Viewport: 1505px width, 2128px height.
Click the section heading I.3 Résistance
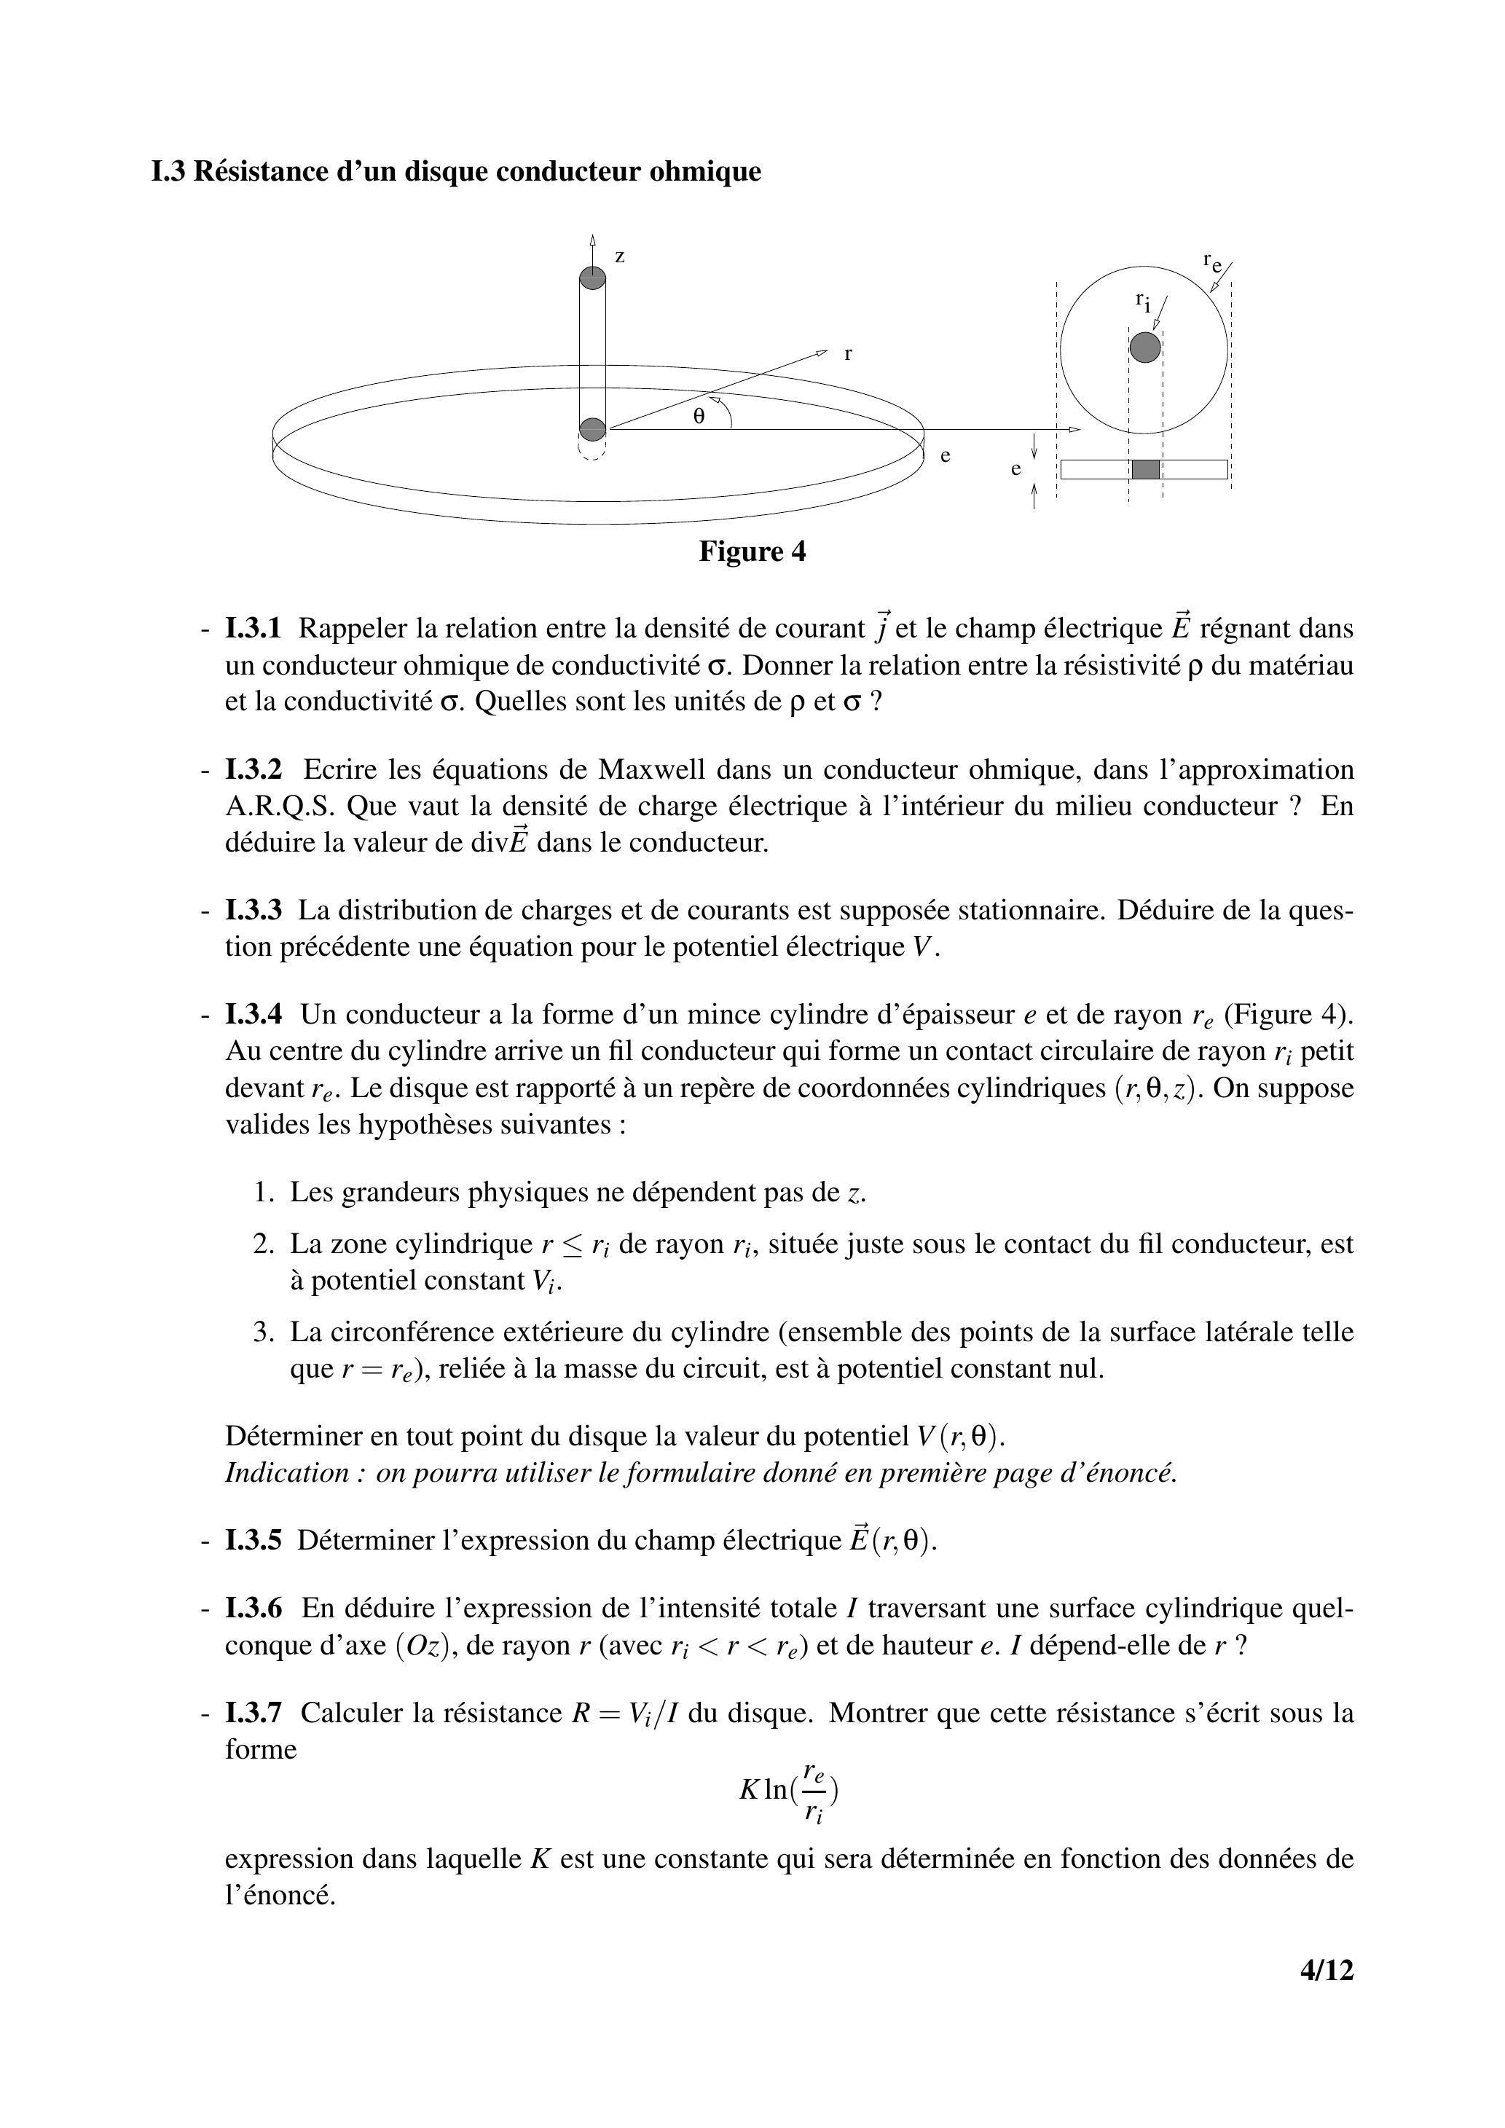point(455,171)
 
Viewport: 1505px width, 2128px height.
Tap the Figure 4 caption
point(752,551)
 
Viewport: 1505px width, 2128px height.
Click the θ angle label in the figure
point(699,417)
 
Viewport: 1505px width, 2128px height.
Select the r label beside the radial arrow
point(848,353)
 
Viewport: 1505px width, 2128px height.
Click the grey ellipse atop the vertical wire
point(593,277)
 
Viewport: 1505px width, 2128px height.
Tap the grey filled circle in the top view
point(1145,348)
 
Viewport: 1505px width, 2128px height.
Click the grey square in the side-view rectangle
point(1145,469)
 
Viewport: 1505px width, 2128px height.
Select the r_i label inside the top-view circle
point(1144,300)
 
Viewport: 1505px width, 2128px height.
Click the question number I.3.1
point(253,629)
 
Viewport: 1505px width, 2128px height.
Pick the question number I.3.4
point(253,1015)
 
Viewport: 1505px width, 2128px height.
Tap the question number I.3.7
point(253,1713)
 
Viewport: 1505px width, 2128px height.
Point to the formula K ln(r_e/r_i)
point(789,1791)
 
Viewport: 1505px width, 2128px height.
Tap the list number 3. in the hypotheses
point(264,1332)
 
